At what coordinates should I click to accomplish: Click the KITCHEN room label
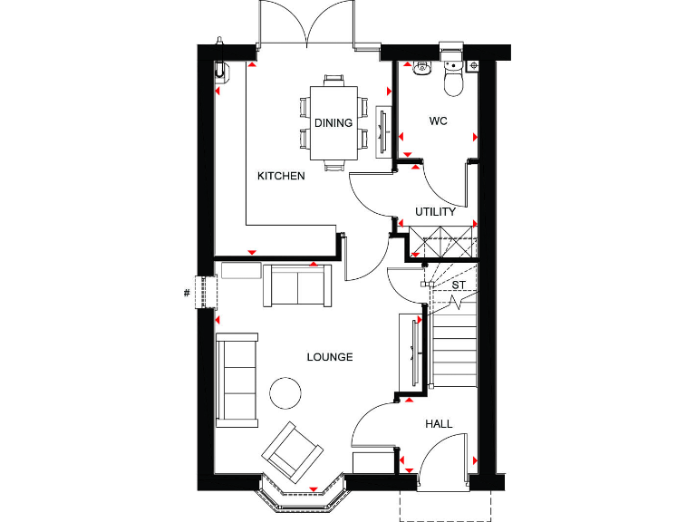281,176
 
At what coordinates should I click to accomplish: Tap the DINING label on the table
333,123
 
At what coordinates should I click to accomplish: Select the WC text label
439,121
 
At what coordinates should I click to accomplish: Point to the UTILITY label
436,212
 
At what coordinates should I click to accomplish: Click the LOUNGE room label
329,357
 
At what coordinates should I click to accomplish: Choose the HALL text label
439,423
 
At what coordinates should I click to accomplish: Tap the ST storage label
459,285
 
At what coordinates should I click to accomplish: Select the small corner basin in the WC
421,67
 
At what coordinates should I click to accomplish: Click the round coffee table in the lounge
286,391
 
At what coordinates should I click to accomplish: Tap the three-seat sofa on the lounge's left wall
237,378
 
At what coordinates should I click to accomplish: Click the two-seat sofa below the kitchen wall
297,285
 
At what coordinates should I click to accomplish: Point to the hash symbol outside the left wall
186,292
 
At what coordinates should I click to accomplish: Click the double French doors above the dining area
310,25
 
